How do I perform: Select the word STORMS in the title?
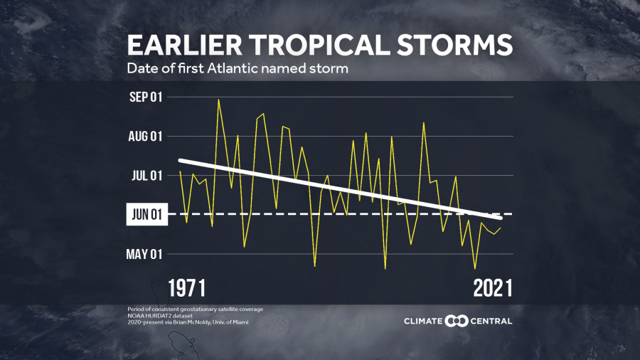coord(463,45)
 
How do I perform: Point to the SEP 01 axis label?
coord(145,97)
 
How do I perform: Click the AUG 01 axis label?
coord(145,137)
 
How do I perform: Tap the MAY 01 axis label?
coord(145,254)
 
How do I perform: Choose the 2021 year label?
coord(492,288)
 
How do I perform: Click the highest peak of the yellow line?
coord(218,99)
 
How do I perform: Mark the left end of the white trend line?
coord(180,160)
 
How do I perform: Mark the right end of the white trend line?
coord(501,217)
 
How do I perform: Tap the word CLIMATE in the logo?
coord(423,322)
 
